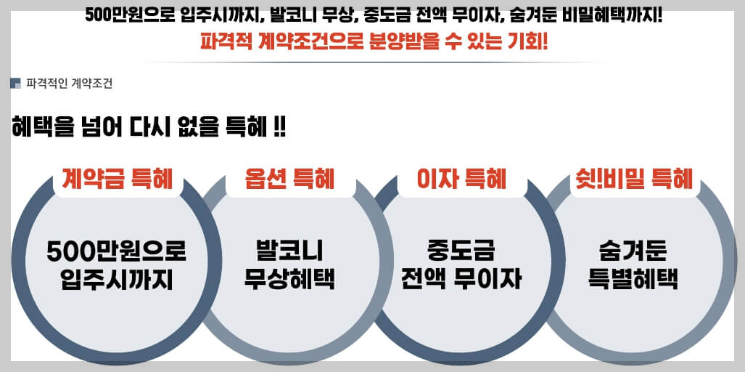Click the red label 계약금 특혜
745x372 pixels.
click(x=117, y=178)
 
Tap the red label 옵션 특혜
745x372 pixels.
click(x=289, y=178)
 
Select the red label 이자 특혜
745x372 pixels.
click(x=461, y=178)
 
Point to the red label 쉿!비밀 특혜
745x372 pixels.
click(x=634, y=178)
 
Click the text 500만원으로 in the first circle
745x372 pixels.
click(x=117, y=251)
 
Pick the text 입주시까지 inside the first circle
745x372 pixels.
click(x=117, y=280)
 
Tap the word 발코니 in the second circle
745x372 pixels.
click(x=289, y=251)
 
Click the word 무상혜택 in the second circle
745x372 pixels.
click(x=289, y=280)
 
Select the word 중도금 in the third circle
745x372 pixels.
click(x=461, y=251)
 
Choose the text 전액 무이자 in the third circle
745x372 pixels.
click(x=461, y=280)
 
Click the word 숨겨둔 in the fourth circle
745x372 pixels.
click(x=634, y=251)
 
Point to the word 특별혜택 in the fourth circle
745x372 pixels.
click(x=634, y=280)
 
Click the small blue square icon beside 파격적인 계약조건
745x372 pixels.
click(x=15, y=84)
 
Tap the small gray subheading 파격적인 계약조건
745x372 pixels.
click(x=69, y=84)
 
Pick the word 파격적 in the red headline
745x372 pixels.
click(x=226, y=41)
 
